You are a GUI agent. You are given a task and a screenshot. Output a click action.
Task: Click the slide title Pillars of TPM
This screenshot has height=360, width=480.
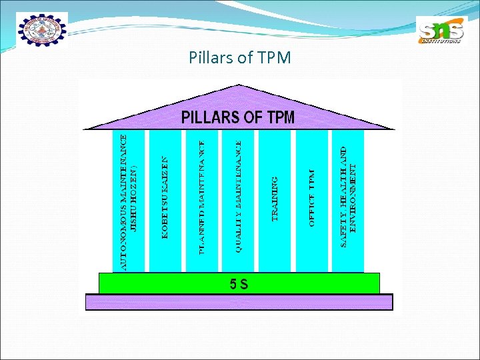click(x=240, y=57)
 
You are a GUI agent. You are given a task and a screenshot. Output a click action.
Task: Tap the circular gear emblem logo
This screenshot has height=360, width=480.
click(x=42, y=30)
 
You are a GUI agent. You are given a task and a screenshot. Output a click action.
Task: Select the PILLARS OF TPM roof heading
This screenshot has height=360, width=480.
click(x=238, y=118)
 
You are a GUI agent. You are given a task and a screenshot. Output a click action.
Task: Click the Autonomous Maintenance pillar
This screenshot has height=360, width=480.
click(x=129, y=200)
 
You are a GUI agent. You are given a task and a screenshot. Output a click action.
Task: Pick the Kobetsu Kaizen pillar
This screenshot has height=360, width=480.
click(x=165, y=200)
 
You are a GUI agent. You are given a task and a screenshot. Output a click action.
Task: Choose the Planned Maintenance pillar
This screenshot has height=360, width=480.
click(x=202, y=200)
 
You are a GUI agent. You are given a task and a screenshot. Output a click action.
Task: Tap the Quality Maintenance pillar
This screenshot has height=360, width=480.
click(x=239, y=200)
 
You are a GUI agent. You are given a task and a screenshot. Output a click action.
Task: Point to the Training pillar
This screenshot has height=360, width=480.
click(x=275, y=200)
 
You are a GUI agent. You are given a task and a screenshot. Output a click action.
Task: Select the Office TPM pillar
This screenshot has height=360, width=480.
click(x=311, y=200)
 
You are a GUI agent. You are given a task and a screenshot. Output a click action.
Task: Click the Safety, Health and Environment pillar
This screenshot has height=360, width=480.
click(x=348, y=200)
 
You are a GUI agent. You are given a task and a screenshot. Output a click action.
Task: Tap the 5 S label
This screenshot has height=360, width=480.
click(x=239, y=284)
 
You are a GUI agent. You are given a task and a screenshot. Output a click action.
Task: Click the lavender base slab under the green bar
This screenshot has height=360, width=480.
click(x=239, y=303)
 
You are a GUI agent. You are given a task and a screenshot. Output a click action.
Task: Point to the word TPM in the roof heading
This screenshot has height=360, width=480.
click(x=281, y=118)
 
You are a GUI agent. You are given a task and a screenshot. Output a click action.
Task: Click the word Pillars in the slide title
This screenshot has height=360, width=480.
click(x=208, y=57)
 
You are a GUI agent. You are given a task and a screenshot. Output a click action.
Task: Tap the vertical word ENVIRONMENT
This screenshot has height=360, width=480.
click(x=353, y=197)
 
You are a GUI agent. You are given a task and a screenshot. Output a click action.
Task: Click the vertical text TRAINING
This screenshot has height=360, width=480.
click(x=275, y=199)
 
